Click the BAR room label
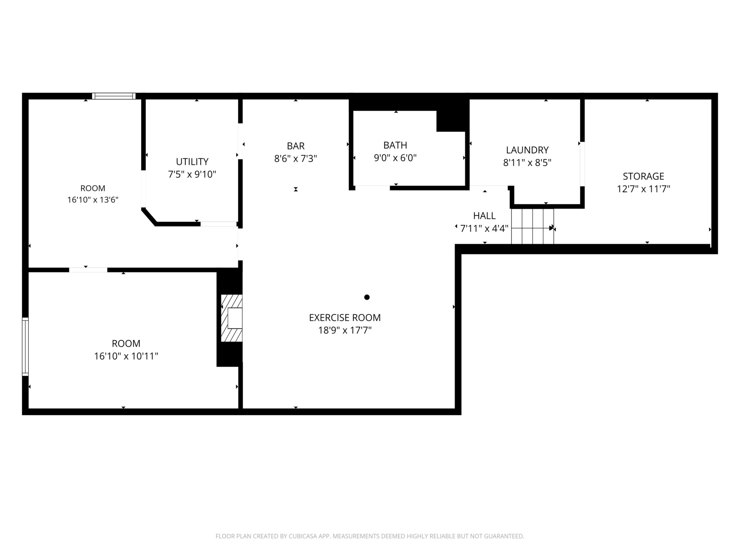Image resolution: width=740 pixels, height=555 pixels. coord(296,146)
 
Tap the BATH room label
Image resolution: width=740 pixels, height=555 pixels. coord(395,146)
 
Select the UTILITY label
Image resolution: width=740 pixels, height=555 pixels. coord(192,162)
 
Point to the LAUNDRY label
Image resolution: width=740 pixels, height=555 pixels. coord(527,150)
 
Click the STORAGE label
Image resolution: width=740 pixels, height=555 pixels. coord(643,176)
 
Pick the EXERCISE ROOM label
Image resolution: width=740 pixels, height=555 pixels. coord(345,318)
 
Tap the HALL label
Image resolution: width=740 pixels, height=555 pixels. coord(484,216)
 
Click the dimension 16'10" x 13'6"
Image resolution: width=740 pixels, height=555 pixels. coord(93,200)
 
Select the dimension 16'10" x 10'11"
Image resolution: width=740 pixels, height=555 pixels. coord(126,356)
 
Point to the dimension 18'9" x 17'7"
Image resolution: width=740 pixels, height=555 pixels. coord(345,331)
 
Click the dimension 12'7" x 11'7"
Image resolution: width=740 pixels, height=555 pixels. coord(643,189)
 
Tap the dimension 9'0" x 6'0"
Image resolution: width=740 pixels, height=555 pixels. coord(395,158)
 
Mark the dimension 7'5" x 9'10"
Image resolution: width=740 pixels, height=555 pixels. coord(192,174)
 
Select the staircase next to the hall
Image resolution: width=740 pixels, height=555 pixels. coord(532,227)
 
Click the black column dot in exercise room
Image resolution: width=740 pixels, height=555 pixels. coord(367,297)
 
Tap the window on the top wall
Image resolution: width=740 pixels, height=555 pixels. coord(114,96)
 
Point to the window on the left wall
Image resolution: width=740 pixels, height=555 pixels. coord(25,347)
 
